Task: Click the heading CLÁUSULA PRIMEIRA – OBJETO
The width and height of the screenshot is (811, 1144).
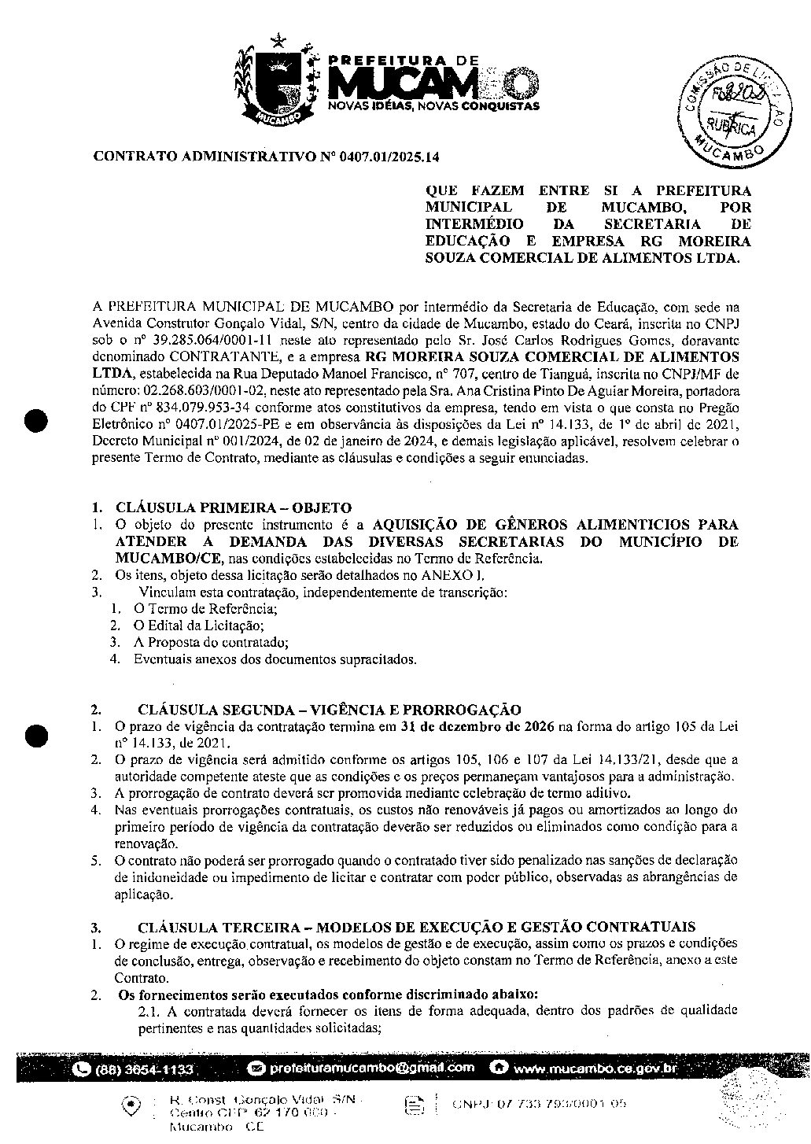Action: (x=234, y=508)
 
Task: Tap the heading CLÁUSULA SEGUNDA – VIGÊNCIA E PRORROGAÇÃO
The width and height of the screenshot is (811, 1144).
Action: (x=329, y=710)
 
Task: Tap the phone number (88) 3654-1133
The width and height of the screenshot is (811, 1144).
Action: (x=143, y=1070)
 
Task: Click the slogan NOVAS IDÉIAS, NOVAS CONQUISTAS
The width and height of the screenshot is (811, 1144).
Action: (x=433, y=105)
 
